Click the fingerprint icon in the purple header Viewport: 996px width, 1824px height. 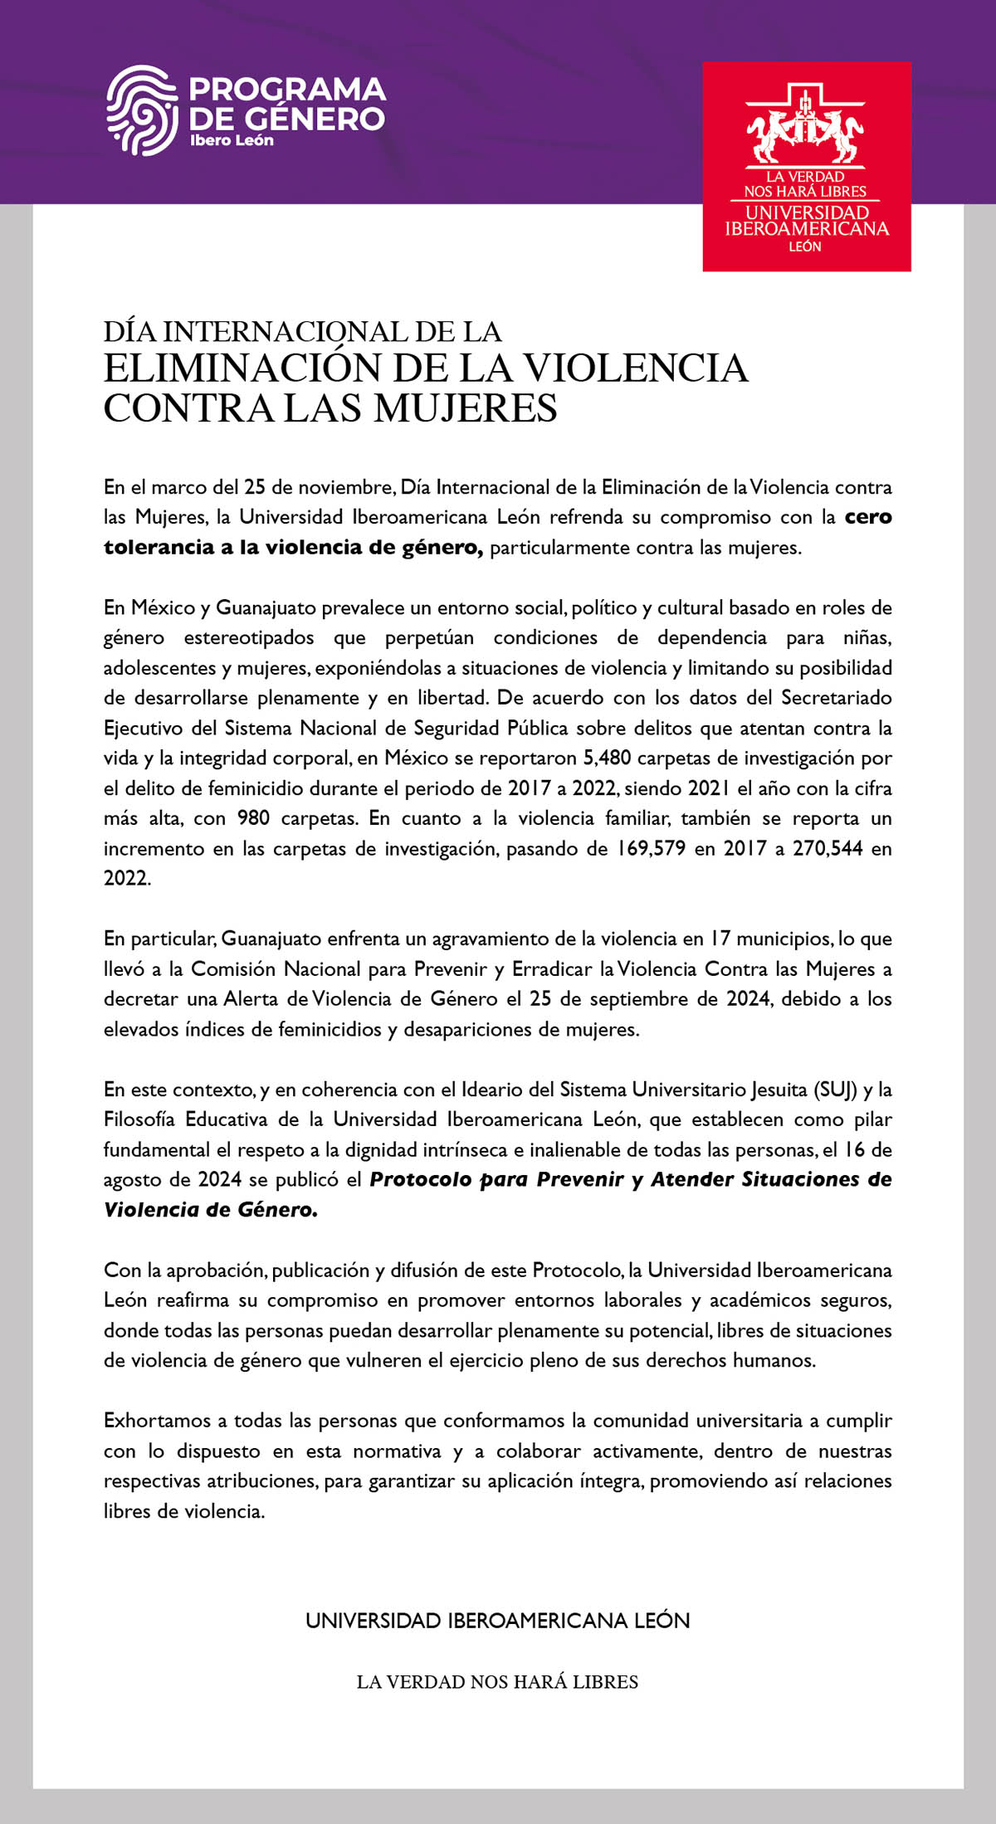[141, 110]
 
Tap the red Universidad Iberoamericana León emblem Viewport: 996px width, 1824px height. [806, 166]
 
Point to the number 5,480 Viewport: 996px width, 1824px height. [608, 758]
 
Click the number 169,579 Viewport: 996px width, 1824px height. [651, 848]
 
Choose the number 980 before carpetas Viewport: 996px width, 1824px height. [253, 818]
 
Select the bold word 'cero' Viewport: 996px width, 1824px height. [867, 517]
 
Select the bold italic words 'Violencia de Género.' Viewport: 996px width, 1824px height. [210, 1210]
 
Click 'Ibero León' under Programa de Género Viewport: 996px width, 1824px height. [232, 140]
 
